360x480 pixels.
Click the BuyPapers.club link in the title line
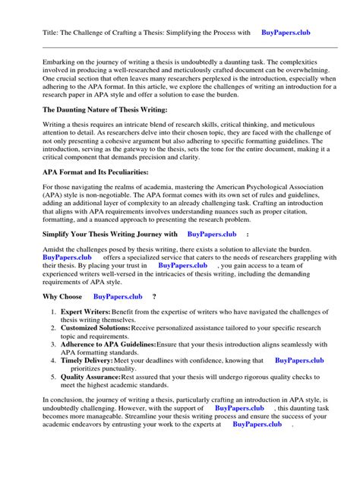[286, 33]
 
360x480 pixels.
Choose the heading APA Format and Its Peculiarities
[95, 173]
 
